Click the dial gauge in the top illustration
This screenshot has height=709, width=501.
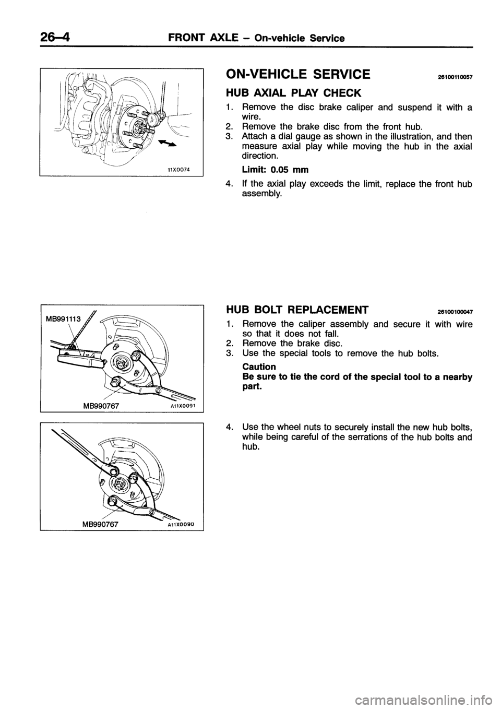tap(156, 117)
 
